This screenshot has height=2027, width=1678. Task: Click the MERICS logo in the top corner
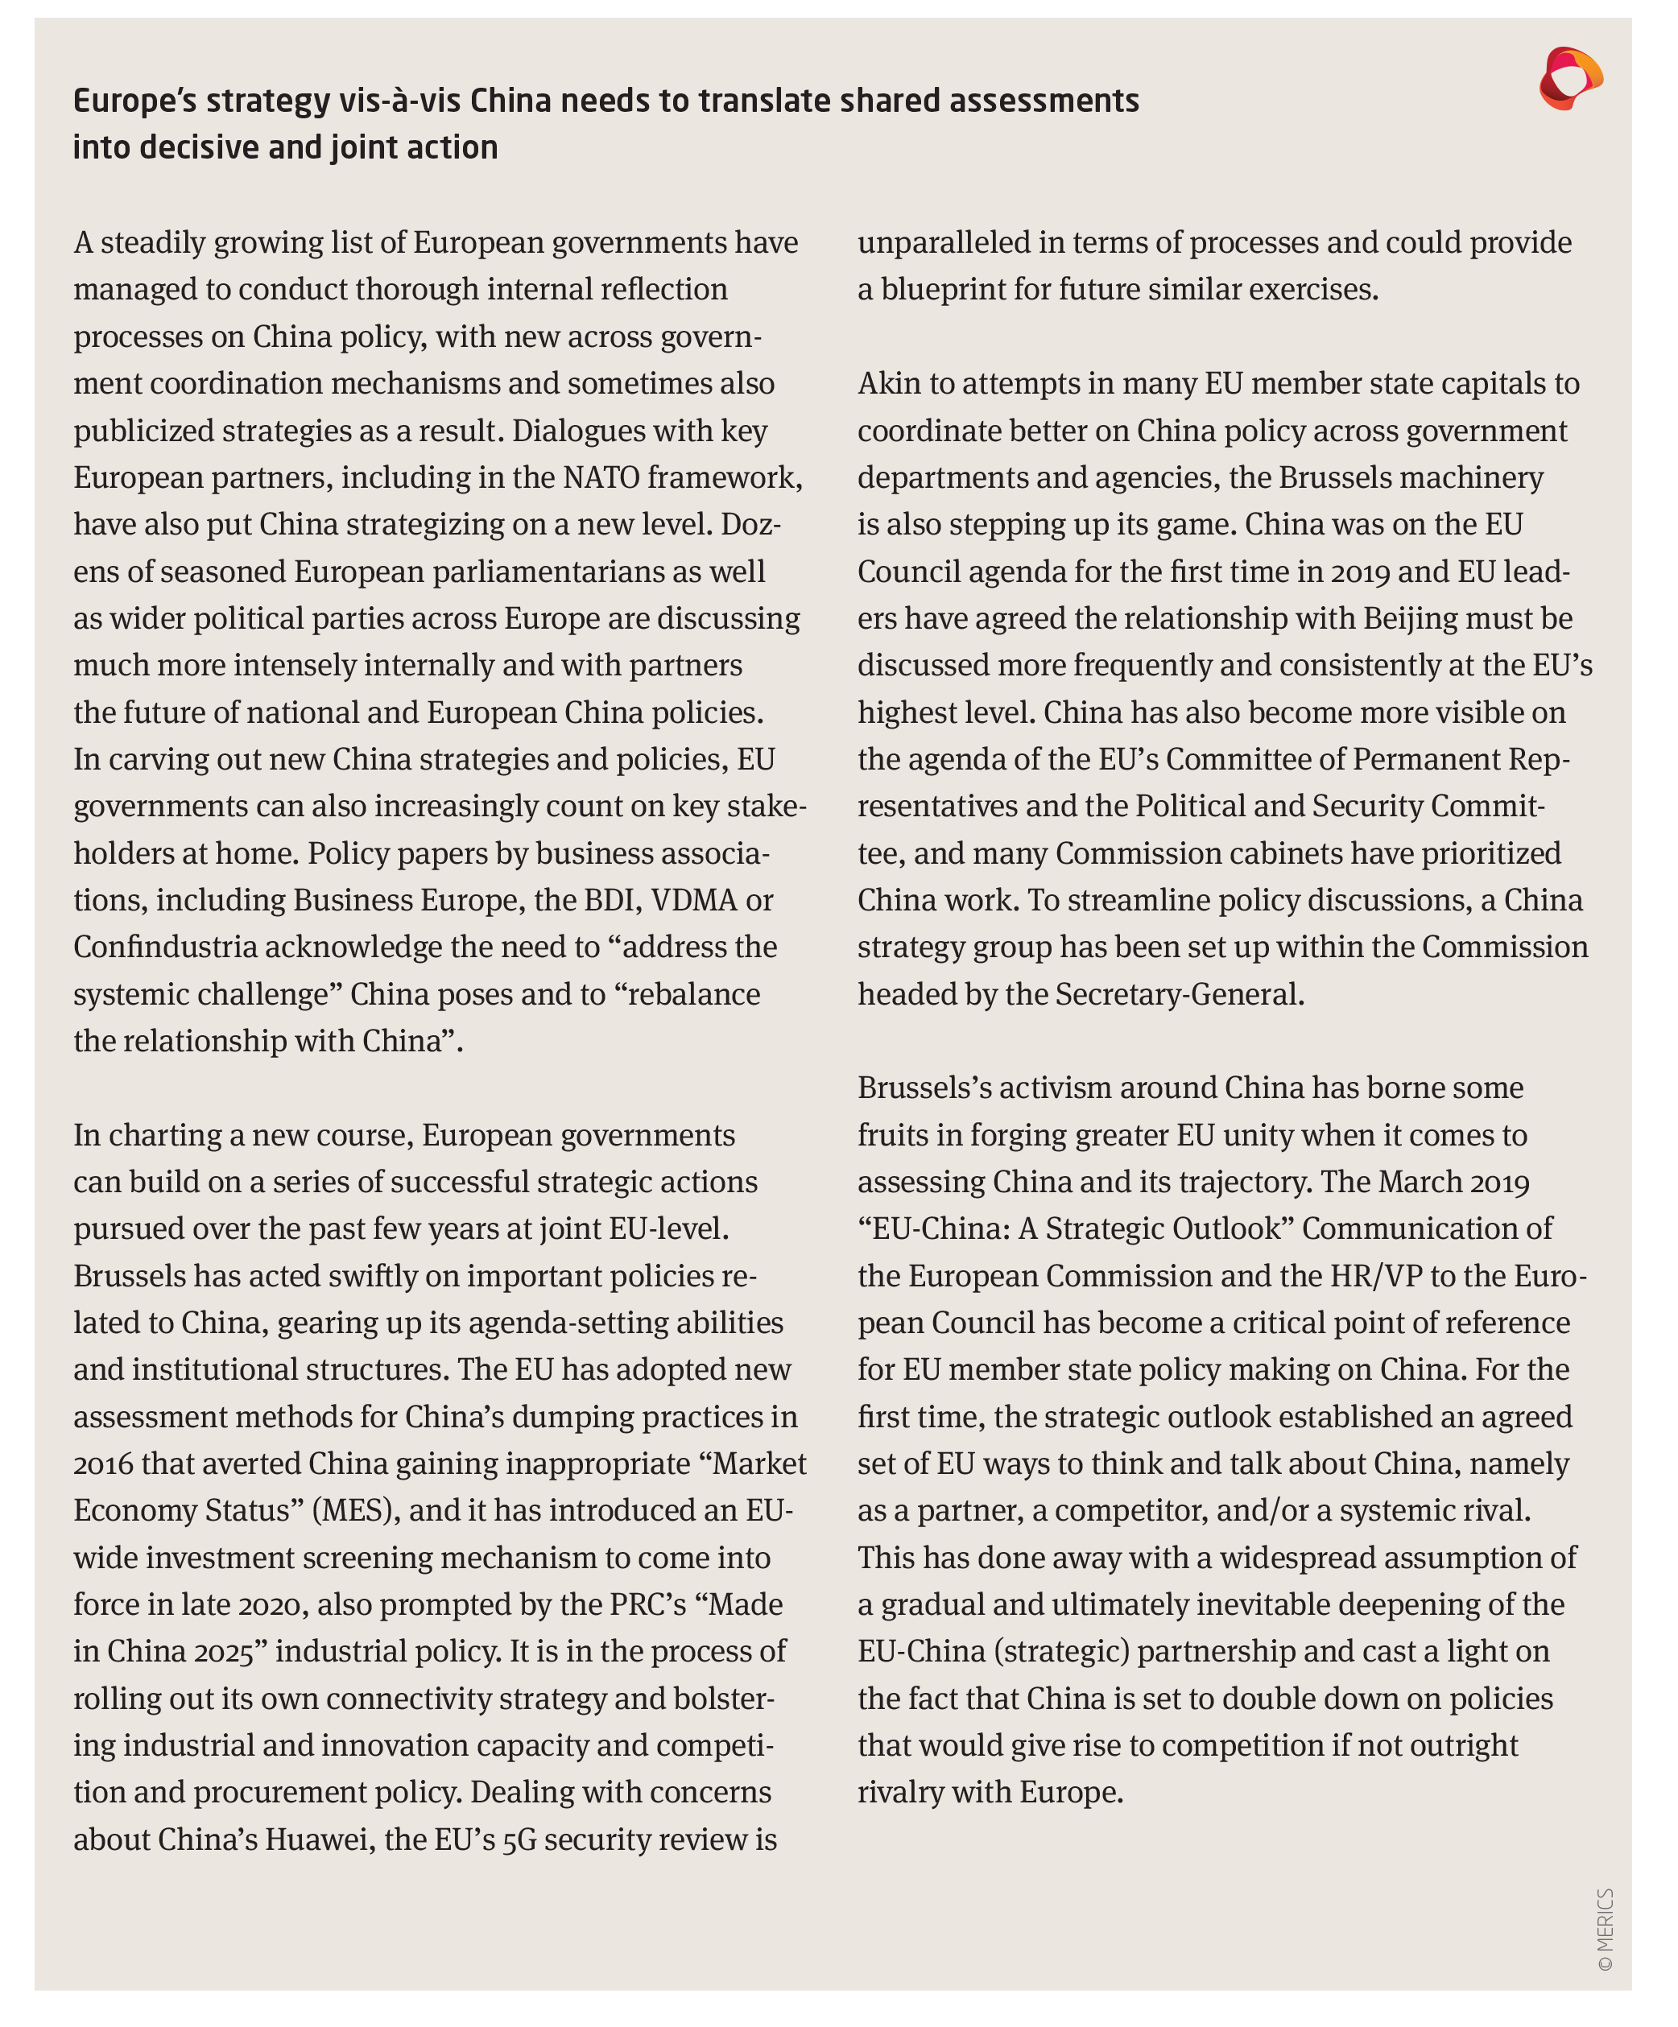coord(1570,78)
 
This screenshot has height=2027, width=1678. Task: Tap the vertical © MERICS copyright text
coord(1605,1929)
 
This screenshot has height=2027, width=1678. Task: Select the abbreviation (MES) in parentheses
coord(354,1509)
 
